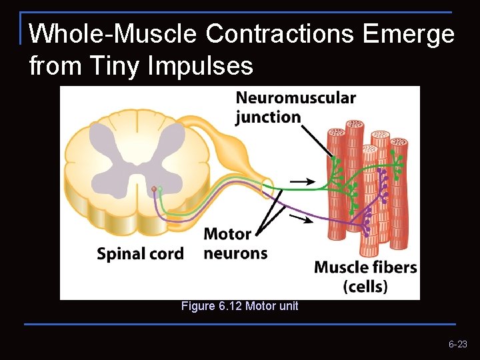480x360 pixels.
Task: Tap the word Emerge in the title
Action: (x=409, y=33)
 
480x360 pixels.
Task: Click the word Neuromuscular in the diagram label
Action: (x=296, y=98)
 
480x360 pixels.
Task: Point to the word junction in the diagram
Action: (x=268, y=117)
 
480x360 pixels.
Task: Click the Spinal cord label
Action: (x=140, y=254)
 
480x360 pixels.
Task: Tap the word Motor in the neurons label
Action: (x=227, y=234)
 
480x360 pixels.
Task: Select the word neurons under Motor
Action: (x=235, y=253)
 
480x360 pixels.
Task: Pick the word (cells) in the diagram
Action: (x=365, y=287)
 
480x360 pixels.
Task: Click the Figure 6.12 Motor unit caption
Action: (x=240, y=307)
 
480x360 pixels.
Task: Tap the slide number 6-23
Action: (x=458, y=345)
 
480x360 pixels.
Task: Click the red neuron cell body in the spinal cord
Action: (x=154, y=190)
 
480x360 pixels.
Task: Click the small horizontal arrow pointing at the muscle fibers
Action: (x=303, y=181)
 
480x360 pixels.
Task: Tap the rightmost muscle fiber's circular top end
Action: (x=399, y=143)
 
